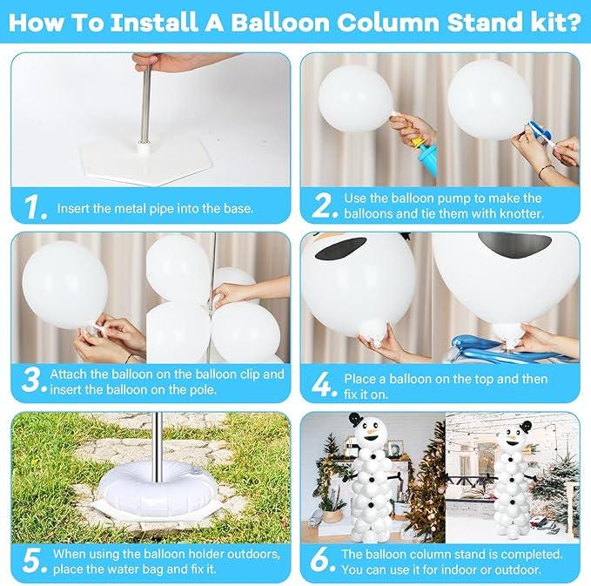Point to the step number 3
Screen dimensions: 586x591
[31, 381]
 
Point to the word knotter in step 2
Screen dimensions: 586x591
[518, 214]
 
